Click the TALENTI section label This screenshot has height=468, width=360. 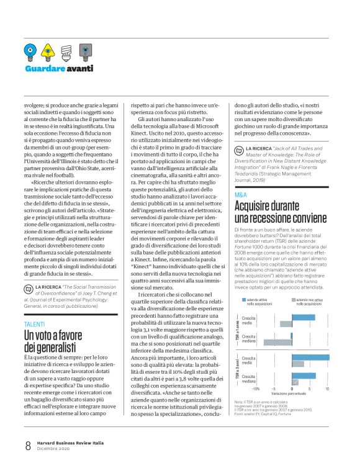34,324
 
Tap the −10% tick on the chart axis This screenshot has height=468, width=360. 256,389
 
